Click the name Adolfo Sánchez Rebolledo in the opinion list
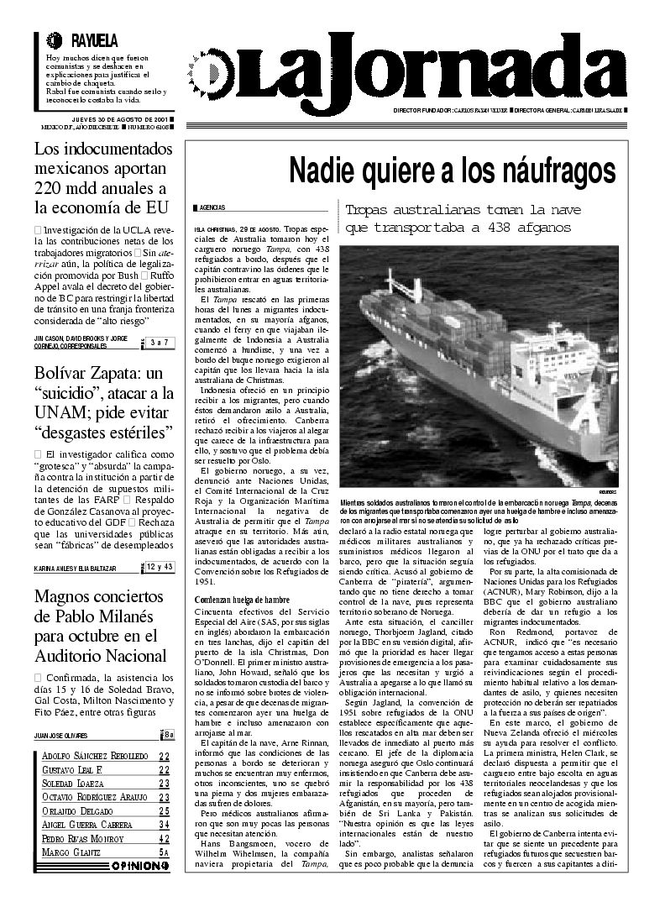click(x=95, y=757)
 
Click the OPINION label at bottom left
click(x=139, y=866)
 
